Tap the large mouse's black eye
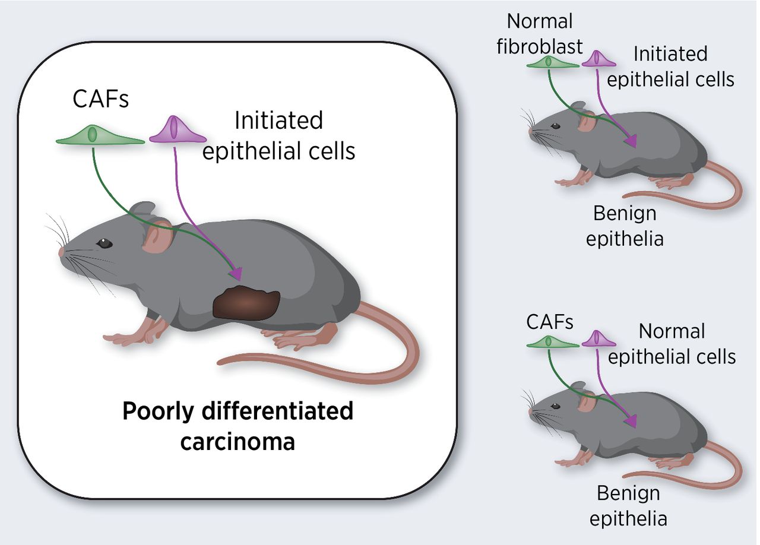pyautogui.click(x=104, y=243)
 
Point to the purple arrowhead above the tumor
pyautogui.click(x=236, y=273)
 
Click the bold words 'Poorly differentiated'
pyautogui.click(x=237, y=411)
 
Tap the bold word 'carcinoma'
pyautogui.click(x=237, y=442)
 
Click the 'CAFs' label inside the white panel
pyautogui.click(x=100, y=99)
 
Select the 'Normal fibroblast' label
pyautogui.click(x=540, y=34)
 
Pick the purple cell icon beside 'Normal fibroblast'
pyautogui.click(x=598, y=59)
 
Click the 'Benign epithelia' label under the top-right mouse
pyautogui.click(x=625, y=226)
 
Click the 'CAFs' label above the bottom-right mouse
pyautogui.click(x=550, y=322)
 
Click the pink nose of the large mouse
pyautogui.click(x=62, y=252)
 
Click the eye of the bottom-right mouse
pyautogui.click(x=555, y=406)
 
